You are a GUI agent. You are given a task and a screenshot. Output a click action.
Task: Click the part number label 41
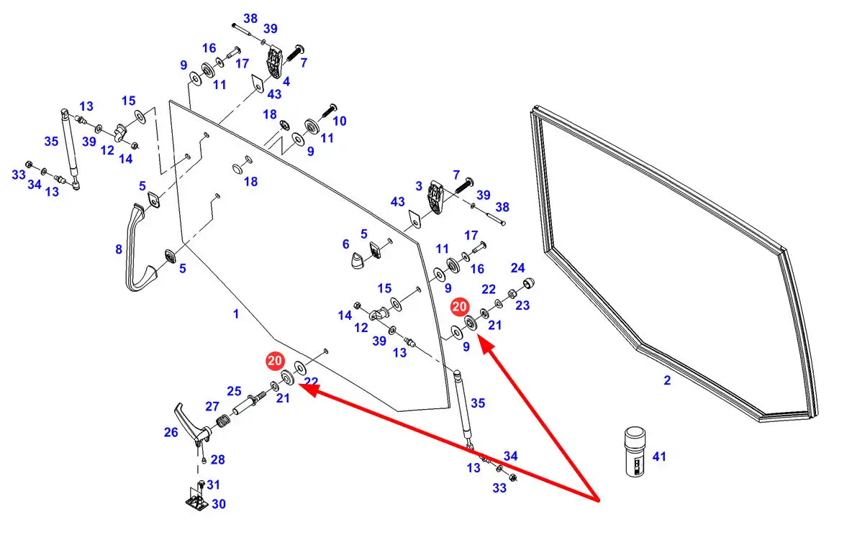[x=659, y=456]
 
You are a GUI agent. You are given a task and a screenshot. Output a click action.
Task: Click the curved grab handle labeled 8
[x=137, y=248]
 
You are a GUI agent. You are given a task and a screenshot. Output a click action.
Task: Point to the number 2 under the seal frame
[x=667, y=380]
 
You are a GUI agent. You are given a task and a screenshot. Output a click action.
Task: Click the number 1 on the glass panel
[x=235, y=314]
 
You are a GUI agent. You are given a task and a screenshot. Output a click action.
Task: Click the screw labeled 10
[x=330, y=110]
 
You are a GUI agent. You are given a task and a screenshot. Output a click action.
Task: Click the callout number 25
[x=235, y=391]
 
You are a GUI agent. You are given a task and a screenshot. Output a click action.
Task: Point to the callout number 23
[x=522, y=305]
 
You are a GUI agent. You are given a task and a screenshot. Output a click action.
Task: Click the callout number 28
[x=217, y=459]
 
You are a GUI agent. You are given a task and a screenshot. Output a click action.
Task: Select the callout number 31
[x=214, y=485]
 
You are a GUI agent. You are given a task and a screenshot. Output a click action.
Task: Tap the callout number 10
[x=339, y=121]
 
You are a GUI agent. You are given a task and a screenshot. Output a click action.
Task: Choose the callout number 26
[x=171, y=433]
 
